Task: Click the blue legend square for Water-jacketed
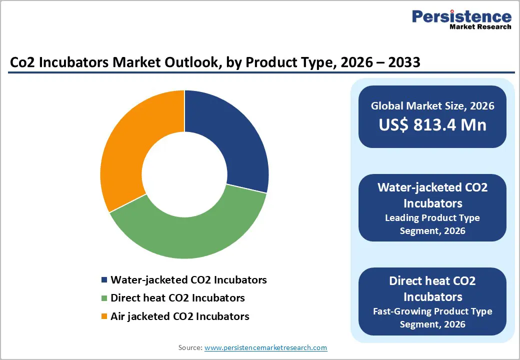(104, 280)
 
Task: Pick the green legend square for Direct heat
(104, 298)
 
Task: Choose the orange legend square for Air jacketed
(104, 316)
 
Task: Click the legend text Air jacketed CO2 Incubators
(179, 316)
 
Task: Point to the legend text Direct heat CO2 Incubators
(177, 298)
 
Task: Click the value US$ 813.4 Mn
(432, 125)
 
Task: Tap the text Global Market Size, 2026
(432, 106)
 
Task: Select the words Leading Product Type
(432, 218)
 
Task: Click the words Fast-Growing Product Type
(432, 311)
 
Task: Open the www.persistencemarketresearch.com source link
(265, 347)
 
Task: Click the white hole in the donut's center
(184, 174)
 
